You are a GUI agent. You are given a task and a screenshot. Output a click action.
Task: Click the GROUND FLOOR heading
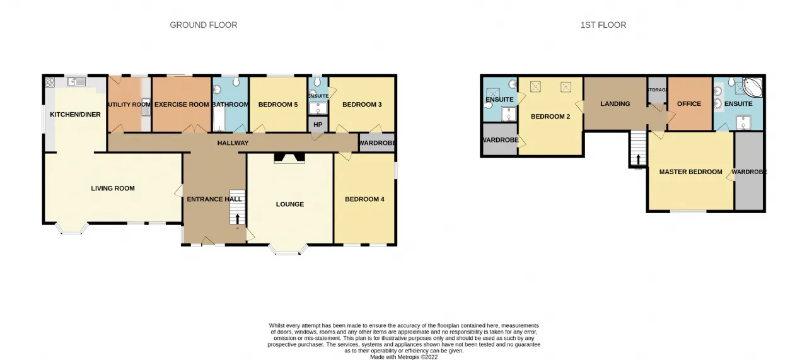pos(204,25)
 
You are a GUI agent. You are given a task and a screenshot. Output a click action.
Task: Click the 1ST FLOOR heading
pos(603,25)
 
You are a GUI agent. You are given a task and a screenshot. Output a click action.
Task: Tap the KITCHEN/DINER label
pos(75,115)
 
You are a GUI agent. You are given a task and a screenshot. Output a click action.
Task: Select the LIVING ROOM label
pos(113,188)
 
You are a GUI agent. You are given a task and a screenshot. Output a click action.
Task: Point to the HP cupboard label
pos(318,125)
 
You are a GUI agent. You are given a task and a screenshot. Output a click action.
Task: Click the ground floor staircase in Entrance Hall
pos(238,207)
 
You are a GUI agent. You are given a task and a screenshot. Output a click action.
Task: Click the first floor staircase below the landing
pos(638,148)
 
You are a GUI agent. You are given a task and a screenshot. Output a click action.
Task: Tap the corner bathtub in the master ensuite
pos(752,87)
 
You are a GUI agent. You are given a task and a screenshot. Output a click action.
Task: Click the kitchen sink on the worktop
pos(77,82)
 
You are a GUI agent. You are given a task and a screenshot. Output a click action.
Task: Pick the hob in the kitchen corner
pos(50,83)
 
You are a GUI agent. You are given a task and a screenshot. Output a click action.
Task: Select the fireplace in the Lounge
pos(289,158)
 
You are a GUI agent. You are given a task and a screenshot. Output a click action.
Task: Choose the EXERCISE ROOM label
pos(182,105)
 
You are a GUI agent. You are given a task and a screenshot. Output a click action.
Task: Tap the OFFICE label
pos(689,104)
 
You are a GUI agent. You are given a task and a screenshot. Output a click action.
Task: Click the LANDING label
pos(615,104)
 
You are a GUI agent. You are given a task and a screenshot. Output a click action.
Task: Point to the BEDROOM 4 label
pos(364,199)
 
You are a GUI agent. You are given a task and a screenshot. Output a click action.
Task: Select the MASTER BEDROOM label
pos(690,172)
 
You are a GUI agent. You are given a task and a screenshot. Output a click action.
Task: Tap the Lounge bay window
pos(288,250)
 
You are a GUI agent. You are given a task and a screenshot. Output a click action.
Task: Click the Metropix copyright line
pos(404,357)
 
